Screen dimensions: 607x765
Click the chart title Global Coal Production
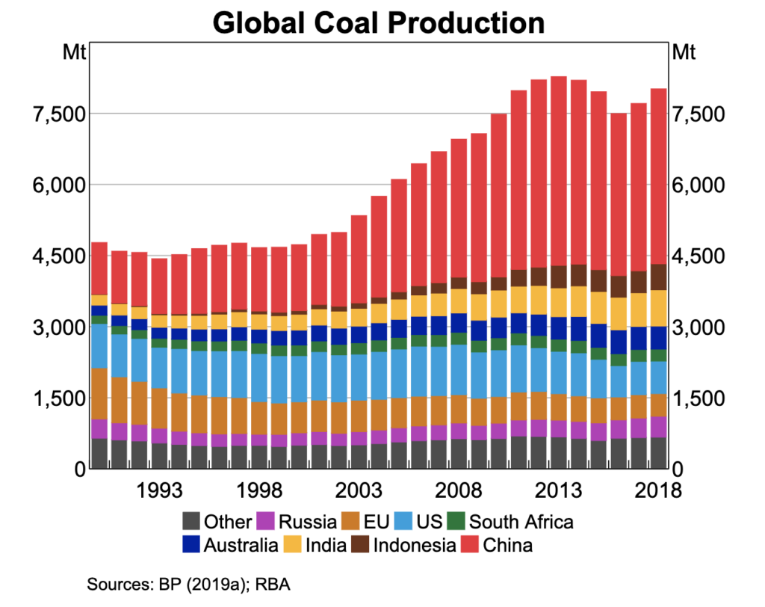click(x=379, y=22)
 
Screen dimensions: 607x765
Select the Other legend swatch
click(x=191, y=521)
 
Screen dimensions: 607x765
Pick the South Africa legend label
click(x=521, y=521)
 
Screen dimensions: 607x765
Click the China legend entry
click(x=508, y=545)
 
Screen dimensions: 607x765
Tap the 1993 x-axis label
click(x=159, y=491)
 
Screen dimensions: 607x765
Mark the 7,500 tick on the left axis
click(x=57, y=114)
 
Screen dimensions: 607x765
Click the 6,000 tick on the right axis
click(x=700, y=185)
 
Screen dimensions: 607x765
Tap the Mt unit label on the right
click(x=684, y=53)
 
